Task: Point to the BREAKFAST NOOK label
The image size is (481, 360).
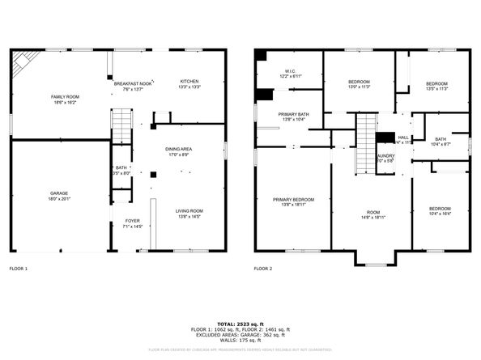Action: tap(133, 85)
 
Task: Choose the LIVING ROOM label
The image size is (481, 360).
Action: tap(189, 214)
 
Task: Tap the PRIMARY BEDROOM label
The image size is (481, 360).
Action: tap(293, 201)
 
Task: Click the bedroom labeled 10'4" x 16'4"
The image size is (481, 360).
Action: tap(440, 211)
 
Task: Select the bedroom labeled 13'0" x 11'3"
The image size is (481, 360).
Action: tap(359, 85)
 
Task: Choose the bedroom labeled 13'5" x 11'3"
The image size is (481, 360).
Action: tap(436, 85)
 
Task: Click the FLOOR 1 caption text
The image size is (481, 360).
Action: tap(18, 268)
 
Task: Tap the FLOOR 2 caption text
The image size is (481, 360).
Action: tap(262, 268)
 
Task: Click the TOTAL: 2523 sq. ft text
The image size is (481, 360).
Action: tap(240, 324)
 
